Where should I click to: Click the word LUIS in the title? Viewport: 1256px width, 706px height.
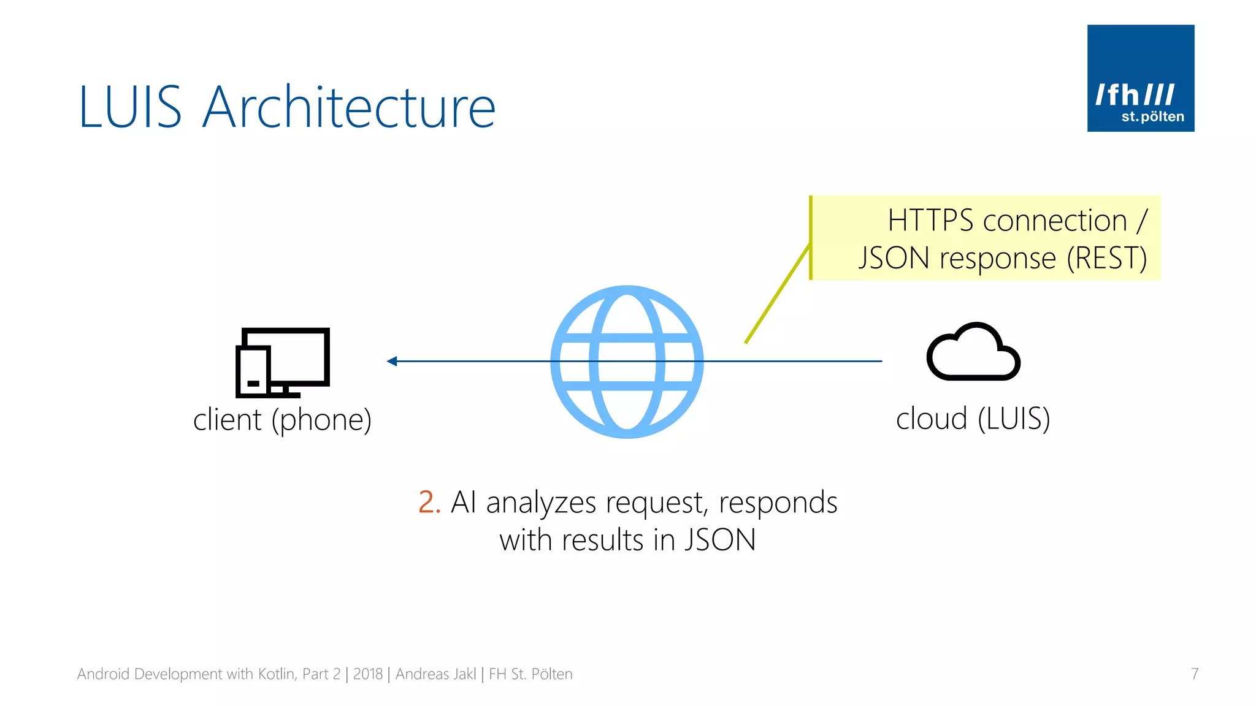[x=131, y=107]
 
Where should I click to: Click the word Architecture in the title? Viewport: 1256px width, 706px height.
[x=348, y=107]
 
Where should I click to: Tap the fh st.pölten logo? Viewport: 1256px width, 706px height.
[x=1140, y=78]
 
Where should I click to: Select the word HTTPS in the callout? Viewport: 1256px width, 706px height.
[x=930, y=221]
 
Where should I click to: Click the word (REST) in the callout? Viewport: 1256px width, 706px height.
[x=1106, y=258]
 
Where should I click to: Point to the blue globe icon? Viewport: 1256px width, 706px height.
[x=627, y=362]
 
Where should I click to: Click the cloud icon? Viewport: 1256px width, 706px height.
[x=973, y=352]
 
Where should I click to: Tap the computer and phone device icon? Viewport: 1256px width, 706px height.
[x=283, y=362]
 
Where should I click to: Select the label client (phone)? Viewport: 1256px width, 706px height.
[x=282, y=420]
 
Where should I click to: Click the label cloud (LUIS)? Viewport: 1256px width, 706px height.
[x=973, y=419]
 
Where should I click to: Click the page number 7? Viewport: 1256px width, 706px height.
[x=1194, y=674]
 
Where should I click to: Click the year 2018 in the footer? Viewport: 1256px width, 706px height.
[x=367, y=674]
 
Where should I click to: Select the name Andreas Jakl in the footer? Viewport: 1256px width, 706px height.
[x=435, y=674]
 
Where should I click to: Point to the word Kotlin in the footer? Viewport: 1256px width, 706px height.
[x=277, y=674]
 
